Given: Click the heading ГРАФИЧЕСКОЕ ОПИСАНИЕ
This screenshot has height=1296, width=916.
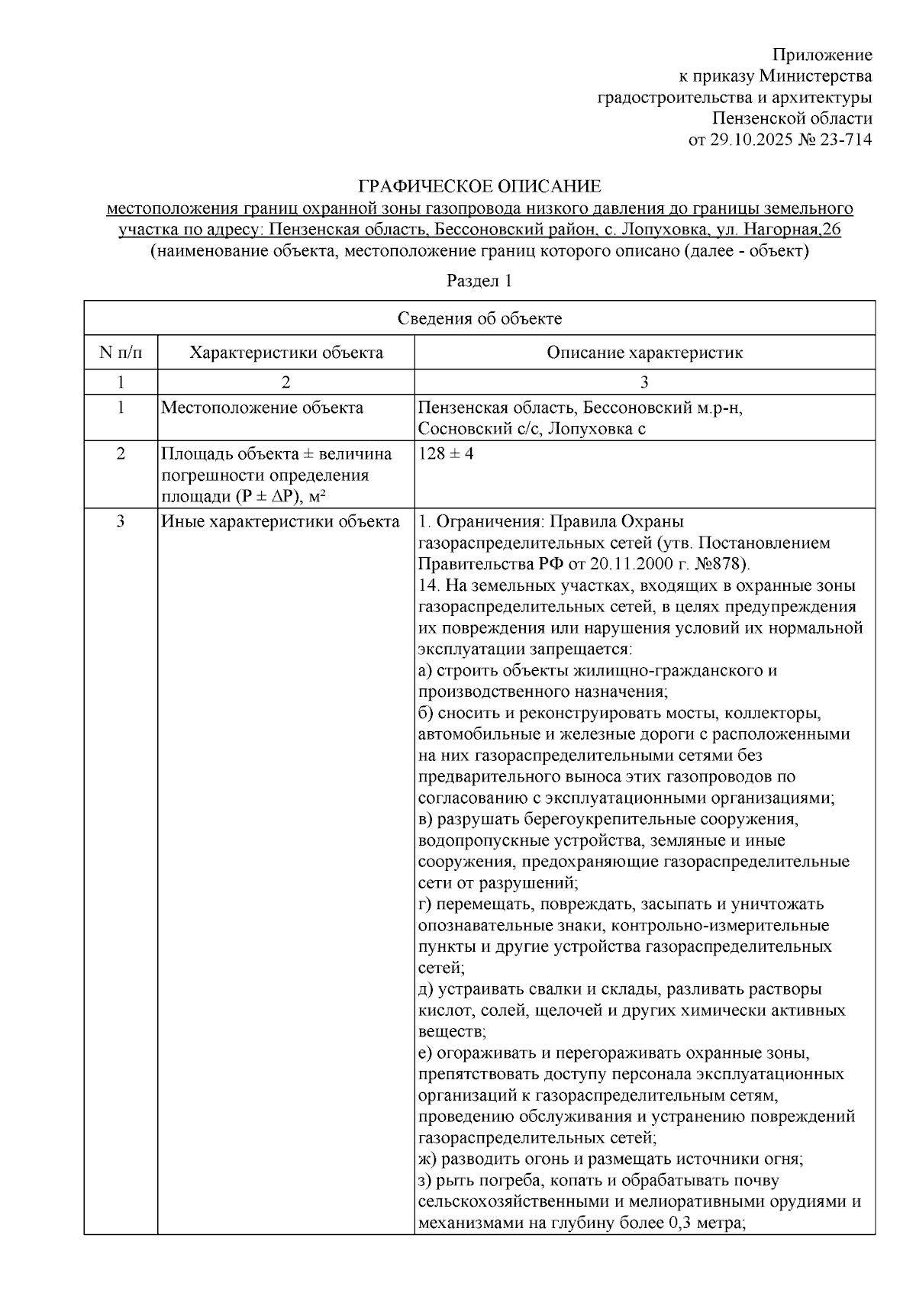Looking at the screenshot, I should tap(480, 186).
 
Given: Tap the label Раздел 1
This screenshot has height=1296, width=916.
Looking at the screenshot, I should tap(479, 281).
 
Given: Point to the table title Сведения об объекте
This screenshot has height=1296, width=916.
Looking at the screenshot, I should tap(479, 318).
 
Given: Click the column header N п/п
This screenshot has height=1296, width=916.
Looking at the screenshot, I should tap(120, 353).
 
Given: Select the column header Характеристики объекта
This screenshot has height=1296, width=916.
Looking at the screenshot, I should tap(286, 353).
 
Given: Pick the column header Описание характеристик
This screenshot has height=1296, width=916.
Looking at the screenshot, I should tap(644, 353).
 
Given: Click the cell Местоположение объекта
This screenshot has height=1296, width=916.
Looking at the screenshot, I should tap(262, 408).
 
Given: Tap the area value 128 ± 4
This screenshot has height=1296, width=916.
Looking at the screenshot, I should tap(446, 453).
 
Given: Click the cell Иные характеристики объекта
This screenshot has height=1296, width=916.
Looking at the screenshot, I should tap(279, 522).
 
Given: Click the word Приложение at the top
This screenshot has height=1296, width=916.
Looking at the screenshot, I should tap(821, 55).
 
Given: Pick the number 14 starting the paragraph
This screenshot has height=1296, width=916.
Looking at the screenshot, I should tap(427, 586).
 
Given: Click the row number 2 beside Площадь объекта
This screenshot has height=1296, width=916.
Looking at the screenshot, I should tap(120, 453).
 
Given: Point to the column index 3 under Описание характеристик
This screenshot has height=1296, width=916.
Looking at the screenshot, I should tap(644, 382).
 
